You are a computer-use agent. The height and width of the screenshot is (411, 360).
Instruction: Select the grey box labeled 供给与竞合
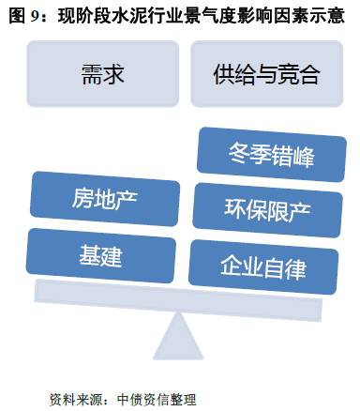(266, 75)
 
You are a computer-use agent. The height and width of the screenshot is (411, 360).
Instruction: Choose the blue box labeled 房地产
(104, 199)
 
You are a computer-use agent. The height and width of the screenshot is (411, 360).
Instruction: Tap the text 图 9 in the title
(24, 15)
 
